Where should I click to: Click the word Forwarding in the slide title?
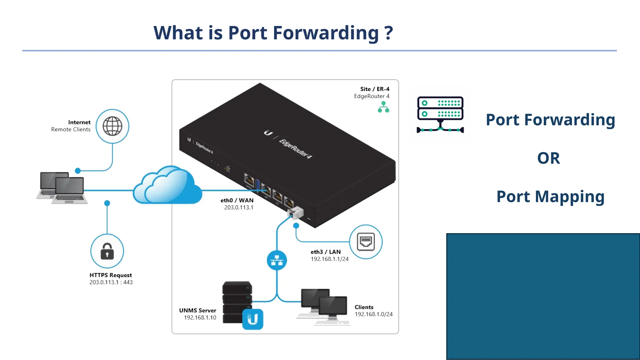click(x=326, y=33)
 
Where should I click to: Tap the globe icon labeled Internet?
click(x=112, y=126)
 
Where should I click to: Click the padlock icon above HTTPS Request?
click(x=107, y=251)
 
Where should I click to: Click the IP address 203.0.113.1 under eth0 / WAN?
click(x=239, y=207)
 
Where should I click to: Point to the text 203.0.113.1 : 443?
click(x=111, y=282)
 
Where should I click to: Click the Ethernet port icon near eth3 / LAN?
click(x=366, y=242)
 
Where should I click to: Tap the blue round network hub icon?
click(x=277, y=260)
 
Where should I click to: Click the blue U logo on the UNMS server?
click(x=252, y=319)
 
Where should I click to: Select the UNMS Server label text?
click(x=197, y=310)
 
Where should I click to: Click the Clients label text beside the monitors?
click(x=364, y=307)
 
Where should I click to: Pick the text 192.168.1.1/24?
click(x=329, y=259)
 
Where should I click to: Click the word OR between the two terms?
click(x=548, y=158)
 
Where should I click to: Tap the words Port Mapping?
click(x=550, y=197)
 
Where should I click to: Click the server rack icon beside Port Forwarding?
click(x=440, y=114)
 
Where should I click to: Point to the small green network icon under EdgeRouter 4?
click(x=383, y=107)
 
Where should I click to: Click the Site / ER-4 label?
click(x=374, y=89)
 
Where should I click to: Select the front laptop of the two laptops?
click(x=69, y=191)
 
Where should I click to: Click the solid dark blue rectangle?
click(x=543, y=296)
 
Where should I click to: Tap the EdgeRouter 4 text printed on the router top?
click(x=295, y=149)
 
